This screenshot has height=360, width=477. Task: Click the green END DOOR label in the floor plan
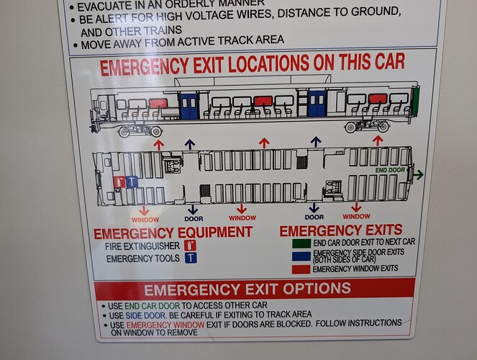click(390, 170)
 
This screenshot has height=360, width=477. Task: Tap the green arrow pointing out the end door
click(418, 175)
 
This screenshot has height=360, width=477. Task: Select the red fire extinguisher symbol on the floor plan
click(119, 182)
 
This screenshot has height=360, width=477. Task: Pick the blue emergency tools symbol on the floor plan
click(132, 182)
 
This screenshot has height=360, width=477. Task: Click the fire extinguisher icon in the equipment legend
click(190, 246)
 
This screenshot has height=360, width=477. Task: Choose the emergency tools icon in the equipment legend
click(191, 258)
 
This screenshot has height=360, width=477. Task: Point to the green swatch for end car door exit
click(301, 243)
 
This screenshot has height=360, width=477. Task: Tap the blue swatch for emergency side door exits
click(301, 256)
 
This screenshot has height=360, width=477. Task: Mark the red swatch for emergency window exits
click(301, 269)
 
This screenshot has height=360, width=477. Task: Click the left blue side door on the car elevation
click(189, 106)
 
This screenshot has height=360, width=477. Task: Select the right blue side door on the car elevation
click(317, 104)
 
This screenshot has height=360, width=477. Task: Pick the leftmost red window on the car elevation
click(158, 104)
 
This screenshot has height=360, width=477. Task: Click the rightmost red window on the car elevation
click(378, 99)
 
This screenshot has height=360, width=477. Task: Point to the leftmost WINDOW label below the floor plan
click(145, 220)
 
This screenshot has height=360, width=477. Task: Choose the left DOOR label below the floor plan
click(194, 219)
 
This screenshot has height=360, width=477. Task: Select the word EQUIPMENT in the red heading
click(215, 232)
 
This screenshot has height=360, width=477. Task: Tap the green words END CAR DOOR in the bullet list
click(152, 305)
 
